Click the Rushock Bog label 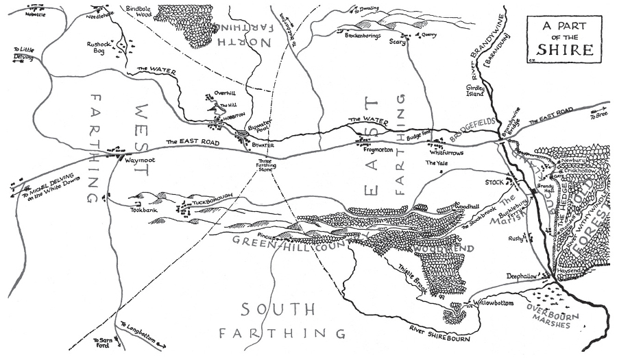[x=99, y=47]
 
